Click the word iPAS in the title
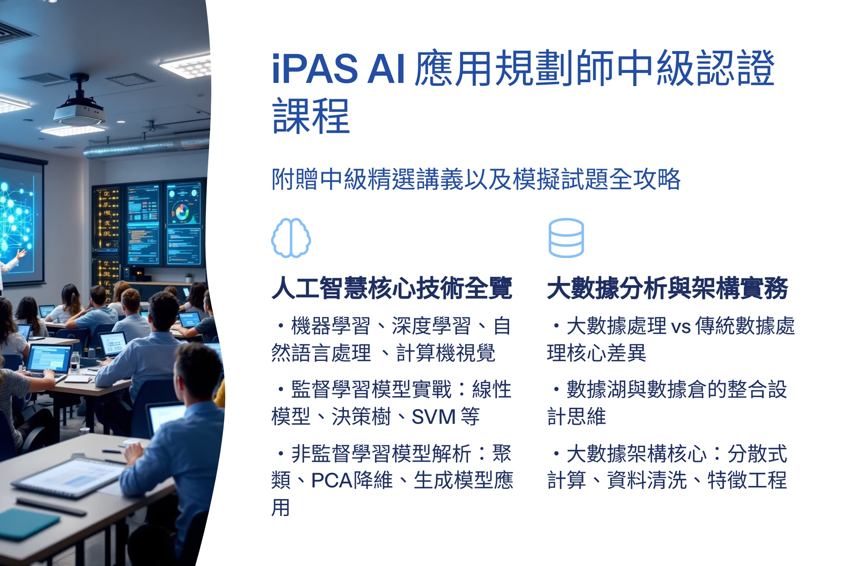point(315,68)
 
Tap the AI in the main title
point(386,68)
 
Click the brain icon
point(291,238)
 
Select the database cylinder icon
point(566,238)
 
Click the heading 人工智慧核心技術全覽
point(392,288)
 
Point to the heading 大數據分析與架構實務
point(668,288)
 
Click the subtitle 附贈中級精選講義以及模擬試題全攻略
point(476,179)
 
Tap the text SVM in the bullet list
point(433,416)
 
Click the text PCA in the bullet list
point(331,480)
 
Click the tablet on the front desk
point(69,476)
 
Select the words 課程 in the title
point(311,116)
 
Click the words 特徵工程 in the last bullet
point(747,480)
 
